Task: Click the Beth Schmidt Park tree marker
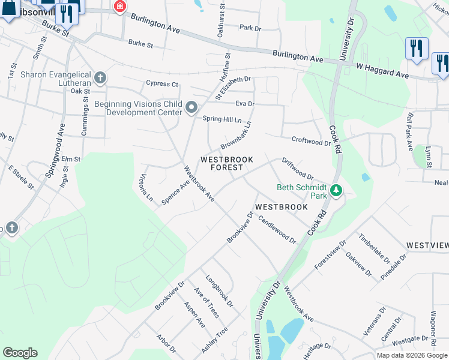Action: coord(336,191)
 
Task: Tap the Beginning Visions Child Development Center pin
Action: coord(192,108)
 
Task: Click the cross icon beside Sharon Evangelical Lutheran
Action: coord(100,78)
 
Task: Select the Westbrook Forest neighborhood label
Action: coord(222,163)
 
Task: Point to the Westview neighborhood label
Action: coord(427,245)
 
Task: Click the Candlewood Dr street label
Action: coord(277,229)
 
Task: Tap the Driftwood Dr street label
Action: coord(298,169)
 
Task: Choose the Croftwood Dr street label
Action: coord(311,142)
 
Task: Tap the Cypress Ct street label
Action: coord(162,84)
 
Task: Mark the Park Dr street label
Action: coord(250,28)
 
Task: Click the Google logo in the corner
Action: coord(20,353)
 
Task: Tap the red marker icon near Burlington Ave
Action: coord(120,7)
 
